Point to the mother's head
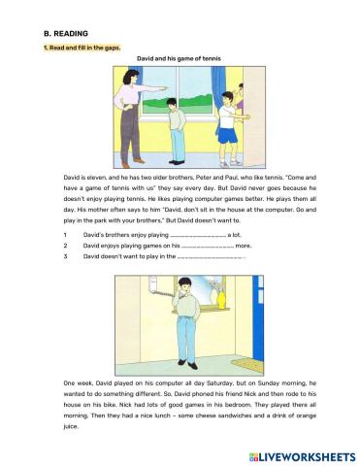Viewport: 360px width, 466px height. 131,77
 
